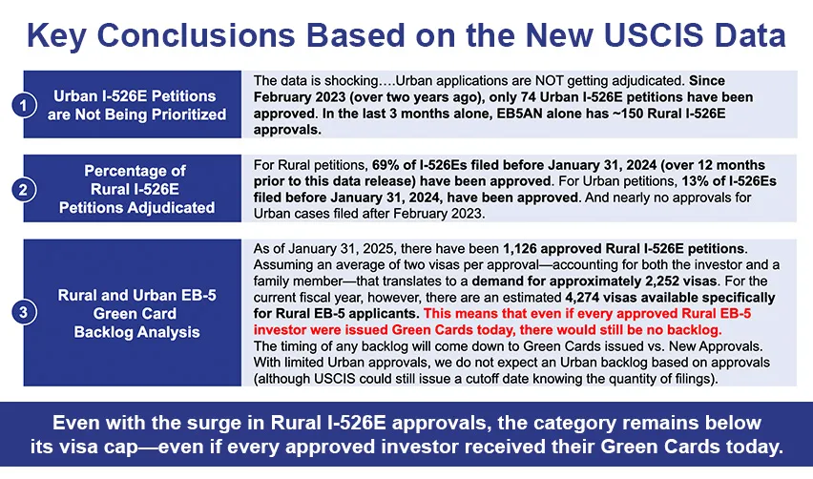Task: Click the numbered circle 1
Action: (23, 105)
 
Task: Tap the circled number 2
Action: (23, 190)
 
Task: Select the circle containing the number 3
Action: (23, 313)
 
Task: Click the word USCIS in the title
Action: (654, 35)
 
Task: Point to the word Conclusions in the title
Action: (197, 35)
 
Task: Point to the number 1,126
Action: (519, 249)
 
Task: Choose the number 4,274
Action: (581, 298)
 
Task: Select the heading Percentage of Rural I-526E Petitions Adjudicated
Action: (136, 189)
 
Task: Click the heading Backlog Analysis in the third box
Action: (136, 332)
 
